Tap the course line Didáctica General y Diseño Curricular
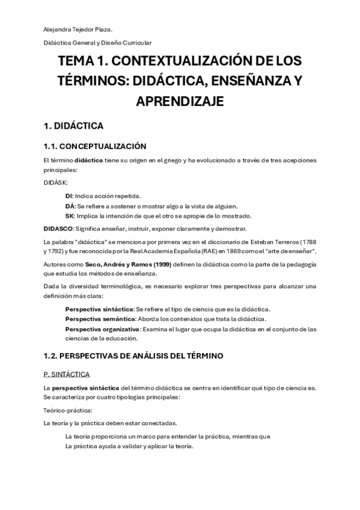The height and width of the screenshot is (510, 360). [97, 43]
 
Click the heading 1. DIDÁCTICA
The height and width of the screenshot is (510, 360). [73, 126]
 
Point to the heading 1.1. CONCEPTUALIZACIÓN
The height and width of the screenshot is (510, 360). [95, 146]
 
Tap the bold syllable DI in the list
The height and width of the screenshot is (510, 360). [69, 195]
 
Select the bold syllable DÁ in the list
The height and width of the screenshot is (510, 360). [70, 206]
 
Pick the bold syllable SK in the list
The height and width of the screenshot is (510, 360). [70, 216]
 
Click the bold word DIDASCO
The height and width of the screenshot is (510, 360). [58, 229]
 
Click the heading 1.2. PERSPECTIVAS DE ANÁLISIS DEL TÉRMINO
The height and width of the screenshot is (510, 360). [133, 356]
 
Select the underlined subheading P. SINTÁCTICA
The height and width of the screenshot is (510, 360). [67, 374]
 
